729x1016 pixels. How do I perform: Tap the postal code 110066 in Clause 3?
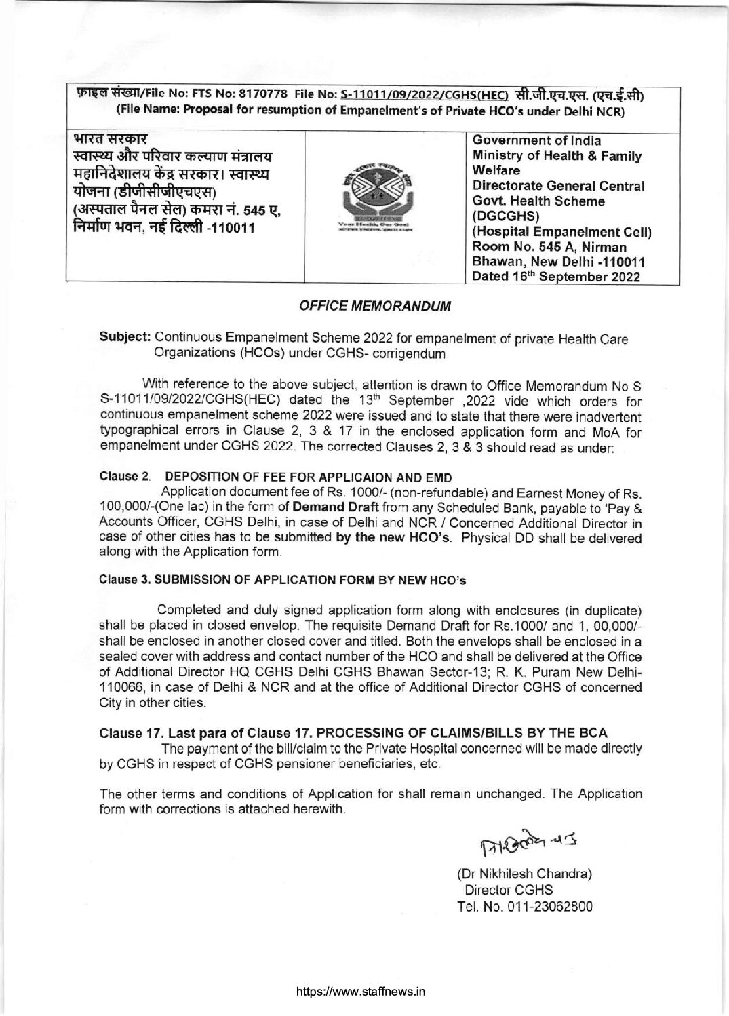[x=120, y=687]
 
